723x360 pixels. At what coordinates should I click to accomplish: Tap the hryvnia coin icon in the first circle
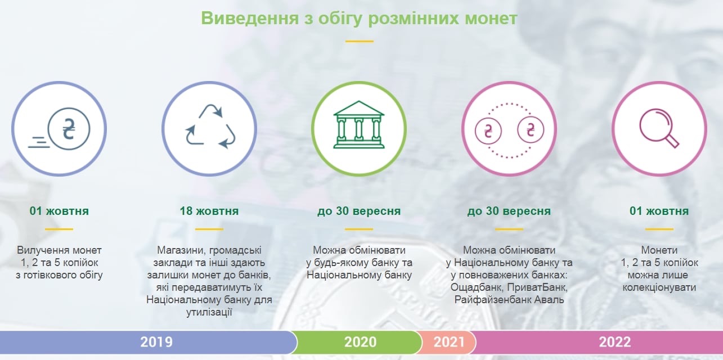click(69, 129)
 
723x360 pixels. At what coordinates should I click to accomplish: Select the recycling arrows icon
click(210, 127)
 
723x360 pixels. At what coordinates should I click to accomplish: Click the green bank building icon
click(359, 124)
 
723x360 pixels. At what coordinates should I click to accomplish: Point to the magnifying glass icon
click(659, 128)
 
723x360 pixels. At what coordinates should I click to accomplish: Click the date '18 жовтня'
click(209, 211)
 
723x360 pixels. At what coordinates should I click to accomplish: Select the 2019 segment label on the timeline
click(156, 342)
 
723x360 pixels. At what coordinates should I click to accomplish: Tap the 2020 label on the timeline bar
click(360, 342)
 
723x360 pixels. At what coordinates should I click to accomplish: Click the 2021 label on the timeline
click(449, 342)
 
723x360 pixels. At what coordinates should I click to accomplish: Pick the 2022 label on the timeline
click(615, 342)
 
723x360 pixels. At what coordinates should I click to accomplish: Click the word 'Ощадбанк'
click(477, 287)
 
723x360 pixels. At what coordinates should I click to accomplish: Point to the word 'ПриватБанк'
click(537, 287)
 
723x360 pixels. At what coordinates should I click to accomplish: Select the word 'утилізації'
click(209, 312)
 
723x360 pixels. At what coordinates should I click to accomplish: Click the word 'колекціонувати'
click(659, 287)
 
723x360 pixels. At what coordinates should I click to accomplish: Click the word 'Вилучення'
click(43, 250)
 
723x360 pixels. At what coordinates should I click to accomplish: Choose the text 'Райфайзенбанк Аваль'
click(509, 300)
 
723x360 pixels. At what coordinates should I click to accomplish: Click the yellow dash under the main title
click(359, 41)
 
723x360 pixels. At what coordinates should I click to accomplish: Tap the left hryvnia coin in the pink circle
click(488, 131)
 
